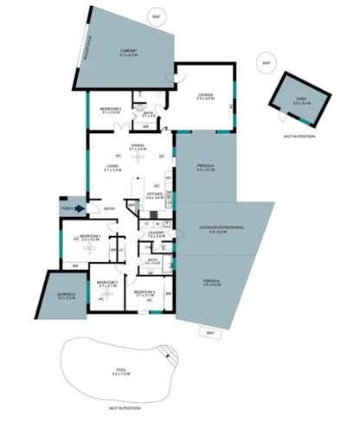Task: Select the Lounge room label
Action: coord(205,94)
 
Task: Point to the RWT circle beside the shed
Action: coord(267,63)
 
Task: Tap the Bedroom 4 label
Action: coord(109,111)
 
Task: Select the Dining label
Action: coord(138,147)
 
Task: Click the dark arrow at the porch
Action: coord(80,208)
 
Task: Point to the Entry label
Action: coord(110,208)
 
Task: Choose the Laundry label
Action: coord(157,233)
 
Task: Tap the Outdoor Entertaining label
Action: coord(221,229)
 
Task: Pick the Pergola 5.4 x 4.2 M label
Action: coord(204,167)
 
